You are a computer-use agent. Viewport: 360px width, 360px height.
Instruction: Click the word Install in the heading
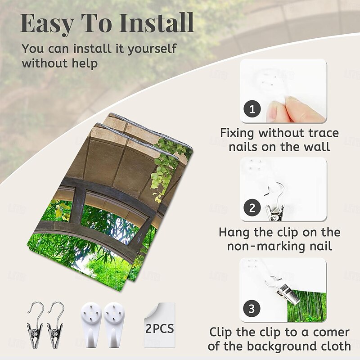click(x=157, y=23)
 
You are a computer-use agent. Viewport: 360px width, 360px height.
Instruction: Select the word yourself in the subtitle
click(x=152, y=49)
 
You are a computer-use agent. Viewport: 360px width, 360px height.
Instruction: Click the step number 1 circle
click(x=252, y=109)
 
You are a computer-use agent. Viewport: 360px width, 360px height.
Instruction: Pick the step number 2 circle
click(x=252, y=208)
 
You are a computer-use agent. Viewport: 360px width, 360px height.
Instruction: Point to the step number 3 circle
click(x=252, y=308)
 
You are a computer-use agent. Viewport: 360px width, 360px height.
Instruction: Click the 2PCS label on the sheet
click(x=160, y=328)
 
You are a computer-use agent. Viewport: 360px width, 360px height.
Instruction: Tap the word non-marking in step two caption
click(x=267, y=246)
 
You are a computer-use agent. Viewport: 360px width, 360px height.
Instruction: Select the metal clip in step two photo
click(x=275, y=202)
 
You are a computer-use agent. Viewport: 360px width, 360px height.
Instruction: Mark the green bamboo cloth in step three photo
click(x=307, y=306)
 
